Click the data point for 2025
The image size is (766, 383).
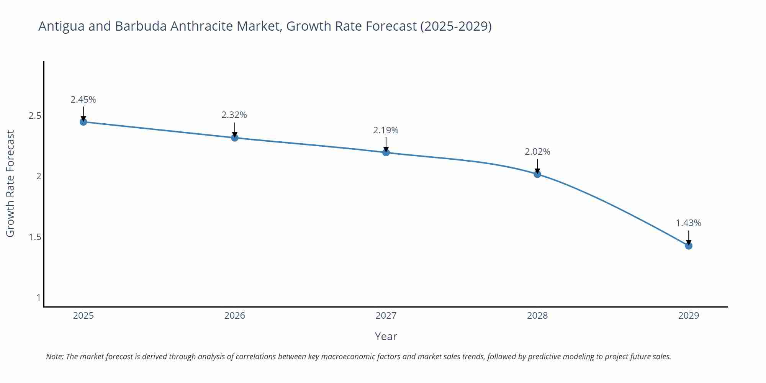pyautogui.click(x=83, y=122)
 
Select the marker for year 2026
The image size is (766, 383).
pyautogui.click(x=235, y=137)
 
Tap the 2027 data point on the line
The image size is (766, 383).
pyautogui.click(x=386, y=152)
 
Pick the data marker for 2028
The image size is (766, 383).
pyautogui.click(x=537, y=174)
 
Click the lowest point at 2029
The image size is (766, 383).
pyautogui.click(x=689, y=246)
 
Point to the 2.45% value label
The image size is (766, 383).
pyautogui.click(x=83, y=100)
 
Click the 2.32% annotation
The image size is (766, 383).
pyautogui.click(x=234, y=115)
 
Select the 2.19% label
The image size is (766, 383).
pyautogui.click(x=386, y=130)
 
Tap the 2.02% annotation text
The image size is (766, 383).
pyautogui.click(x=537, y=152)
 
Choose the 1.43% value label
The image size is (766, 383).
pyautogui.click(x=688, y=223)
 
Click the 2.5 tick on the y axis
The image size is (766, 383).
pyautogui.click(x=35, y=115)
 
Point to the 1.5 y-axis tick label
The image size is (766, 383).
pyautogui.click(x=35, y=237)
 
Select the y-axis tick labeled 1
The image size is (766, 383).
pyautogui.click(x=38, y=298)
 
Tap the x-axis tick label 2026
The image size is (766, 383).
pyautogui.click(x=235, y=316)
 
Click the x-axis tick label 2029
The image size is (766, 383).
pyautogui.click(x=689, y=316)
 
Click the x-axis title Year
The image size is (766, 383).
pyautogui.click(x=386, y=336)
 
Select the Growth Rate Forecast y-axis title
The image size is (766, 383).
pyautogui.click(x=10, y=183)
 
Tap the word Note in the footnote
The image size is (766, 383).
pyautogui.click(x=54, y=357)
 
